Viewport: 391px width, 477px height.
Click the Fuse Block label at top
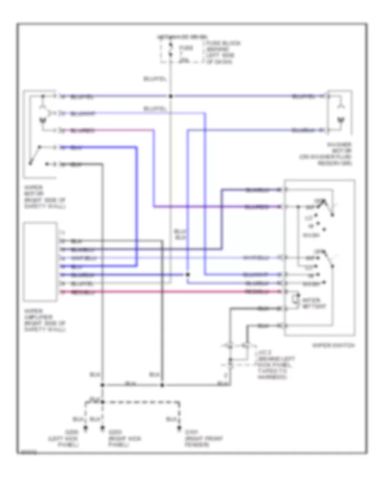pyautogui.click(x=222, y=52)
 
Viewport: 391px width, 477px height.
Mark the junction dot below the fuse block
pyautogui.click(x=171, y=96)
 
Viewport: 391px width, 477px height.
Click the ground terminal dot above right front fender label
pyautogui.click(x=179, y=429)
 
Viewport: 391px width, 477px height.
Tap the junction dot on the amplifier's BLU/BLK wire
pyautogui.click(x=187, y=274)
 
